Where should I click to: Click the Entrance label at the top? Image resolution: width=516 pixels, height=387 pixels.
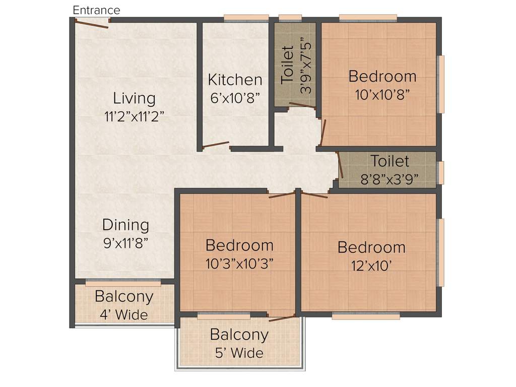[96, 10]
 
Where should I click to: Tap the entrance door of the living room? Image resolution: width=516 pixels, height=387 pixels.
[92, 23]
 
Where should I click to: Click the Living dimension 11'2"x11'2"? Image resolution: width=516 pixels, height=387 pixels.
[134, 116]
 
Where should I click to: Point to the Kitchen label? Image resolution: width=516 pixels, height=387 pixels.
[235, 80]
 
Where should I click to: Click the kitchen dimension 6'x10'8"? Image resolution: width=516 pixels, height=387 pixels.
[235, 98]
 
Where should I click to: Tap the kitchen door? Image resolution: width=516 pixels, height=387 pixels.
[216, 145]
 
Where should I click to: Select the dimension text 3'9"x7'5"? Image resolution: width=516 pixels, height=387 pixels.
[306, 68]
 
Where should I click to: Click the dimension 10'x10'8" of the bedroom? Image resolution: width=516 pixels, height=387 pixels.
[382, 95]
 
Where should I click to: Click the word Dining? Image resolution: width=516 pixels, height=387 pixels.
[125, 225]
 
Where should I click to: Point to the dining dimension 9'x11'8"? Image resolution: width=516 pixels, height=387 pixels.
[125, 243]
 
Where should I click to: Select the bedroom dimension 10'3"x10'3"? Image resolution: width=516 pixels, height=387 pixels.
[239, 264]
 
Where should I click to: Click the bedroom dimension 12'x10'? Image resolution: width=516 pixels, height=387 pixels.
[371, 266]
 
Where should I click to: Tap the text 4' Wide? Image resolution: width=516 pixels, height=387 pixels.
[123, 315]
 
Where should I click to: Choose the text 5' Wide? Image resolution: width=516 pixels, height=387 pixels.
[239, 353]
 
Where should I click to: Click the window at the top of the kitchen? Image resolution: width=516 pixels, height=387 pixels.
[246, 18]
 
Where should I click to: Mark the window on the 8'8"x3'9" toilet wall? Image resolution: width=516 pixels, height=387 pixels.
[441, 173]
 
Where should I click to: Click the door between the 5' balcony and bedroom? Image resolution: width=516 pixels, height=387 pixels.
[282, 317]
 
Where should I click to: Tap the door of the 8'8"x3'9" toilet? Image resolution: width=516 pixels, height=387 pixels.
[340, 166]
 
